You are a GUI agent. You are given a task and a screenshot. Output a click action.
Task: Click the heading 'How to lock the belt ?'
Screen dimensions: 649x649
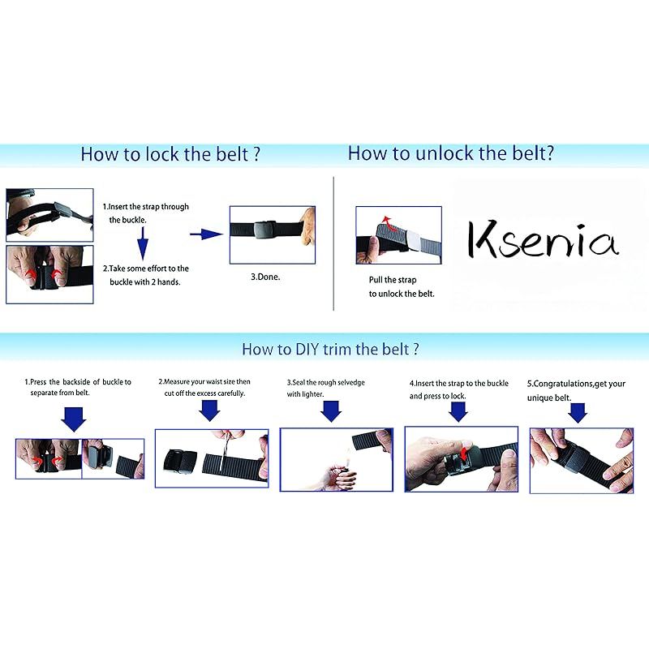(170, 154)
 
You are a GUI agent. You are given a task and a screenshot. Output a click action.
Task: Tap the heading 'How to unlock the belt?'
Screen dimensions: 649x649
(451, 153)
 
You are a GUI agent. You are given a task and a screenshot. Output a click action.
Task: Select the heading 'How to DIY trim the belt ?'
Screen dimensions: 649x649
(330, 349)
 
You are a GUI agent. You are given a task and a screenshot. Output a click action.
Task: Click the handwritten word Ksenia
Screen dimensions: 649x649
(543, 239)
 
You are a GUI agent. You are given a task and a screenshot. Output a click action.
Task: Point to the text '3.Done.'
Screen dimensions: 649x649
(265, 277)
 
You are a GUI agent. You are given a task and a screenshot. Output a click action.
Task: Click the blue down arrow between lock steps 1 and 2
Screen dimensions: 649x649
(143, 243)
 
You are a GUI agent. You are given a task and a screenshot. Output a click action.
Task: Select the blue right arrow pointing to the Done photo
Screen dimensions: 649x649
(206, 234)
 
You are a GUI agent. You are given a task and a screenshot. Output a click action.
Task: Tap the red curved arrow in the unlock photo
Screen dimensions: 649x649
(388, 222)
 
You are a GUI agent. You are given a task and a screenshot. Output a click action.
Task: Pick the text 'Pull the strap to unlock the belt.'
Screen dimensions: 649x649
(402, 287)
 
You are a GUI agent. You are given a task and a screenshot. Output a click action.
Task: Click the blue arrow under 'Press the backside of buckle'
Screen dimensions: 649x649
(74, 419)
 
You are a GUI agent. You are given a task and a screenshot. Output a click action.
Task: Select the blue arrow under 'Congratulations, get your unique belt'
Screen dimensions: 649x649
(578, 413)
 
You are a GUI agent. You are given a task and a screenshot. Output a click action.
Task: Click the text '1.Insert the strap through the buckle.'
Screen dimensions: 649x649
(146, 213)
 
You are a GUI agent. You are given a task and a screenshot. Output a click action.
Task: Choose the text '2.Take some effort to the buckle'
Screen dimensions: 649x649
(146, 275)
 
